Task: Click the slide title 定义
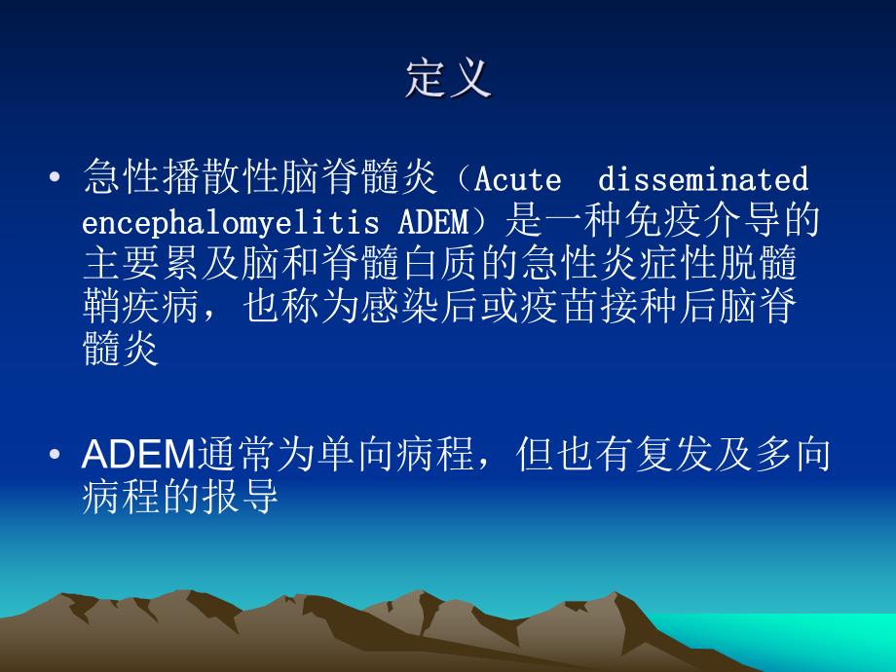tap(448, 79)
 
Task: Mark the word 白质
tap(453, 266)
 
